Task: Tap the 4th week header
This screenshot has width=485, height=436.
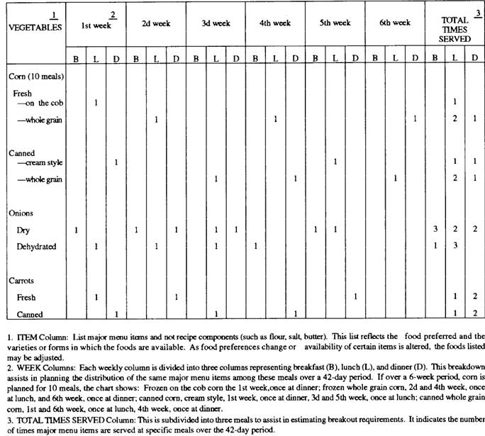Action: point(275,23)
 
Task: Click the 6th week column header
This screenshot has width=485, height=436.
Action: point(395,23)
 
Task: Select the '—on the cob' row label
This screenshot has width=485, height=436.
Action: point(42,103)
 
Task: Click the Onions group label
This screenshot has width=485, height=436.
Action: point(21,212)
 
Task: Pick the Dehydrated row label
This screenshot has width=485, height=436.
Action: point(37,246)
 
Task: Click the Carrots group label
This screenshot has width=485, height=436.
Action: point(21,279)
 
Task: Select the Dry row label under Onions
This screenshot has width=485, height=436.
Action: point(23,230)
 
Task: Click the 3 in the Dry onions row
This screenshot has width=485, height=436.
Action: point(435,230)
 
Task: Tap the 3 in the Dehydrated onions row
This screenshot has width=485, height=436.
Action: point(455,246)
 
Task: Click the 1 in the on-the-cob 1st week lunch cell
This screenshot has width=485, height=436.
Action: point(96,103)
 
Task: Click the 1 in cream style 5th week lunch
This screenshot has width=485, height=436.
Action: point(335,163)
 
